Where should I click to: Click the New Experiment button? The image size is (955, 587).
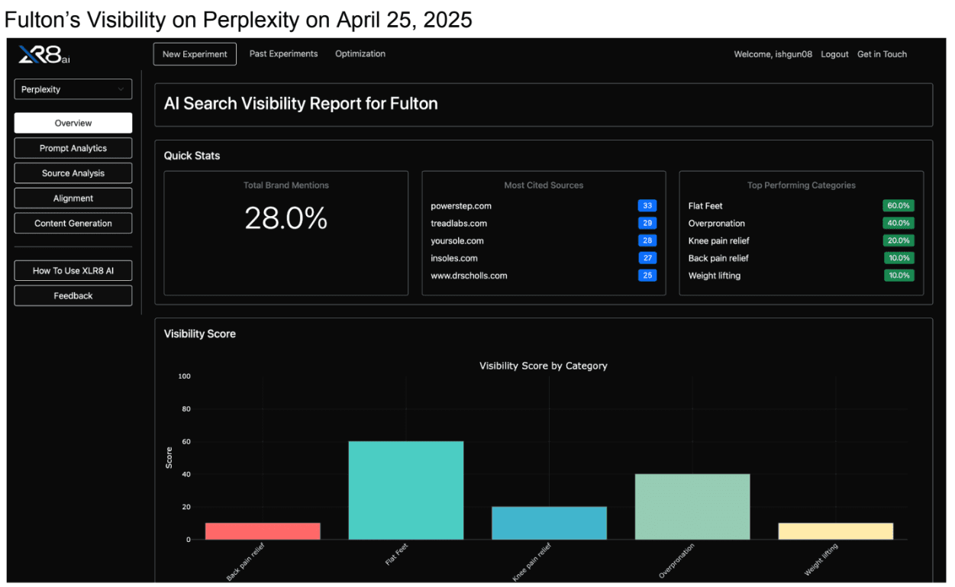click(x=195, y=54)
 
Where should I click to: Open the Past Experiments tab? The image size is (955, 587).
click(x=283, y=54)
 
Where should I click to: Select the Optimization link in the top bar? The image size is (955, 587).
click(x=360, y=54)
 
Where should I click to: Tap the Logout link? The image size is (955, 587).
click(x=834, y=54)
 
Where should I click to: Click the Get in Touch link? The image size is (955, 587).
click(x=882, y=54)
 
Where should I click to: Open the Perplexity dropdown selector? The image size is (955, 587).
click(x=73, y=89)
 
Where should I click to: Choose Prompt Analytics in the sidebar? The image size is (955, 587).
click(x=73, y=148)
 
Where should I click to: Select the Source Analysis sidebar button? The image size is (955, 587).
click(x=73, y=173)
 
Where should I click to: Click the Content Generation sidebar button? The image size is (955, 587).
click(x=73, y=224)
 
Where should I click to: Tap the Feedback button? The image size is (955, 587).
click(x=73, y=296)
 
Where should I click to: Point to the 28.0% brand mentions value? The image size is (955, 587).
click(x=286, y=219)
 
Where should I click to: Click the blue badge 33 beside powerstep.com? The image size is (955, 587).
click(x=647, y=206)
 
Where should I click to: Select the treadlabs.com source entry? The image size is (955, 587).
click(x=459, y=224)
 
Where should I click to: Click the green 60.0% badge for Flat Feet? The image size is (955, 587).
click(x=899, y=206)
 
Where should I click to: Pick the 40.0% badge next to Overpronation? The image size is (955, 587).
click(x=899, y=224)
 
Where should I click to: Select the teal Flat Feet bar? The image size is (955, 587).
click(x=405, y=491)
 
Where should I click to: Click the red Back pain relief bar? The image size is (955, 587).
click(x=263, y=531)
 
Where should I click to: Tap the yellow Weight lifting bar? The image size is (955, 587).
click(x=835, y=531)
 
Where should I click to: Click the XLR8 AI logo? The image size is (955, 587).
click(x=44, y=55)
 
